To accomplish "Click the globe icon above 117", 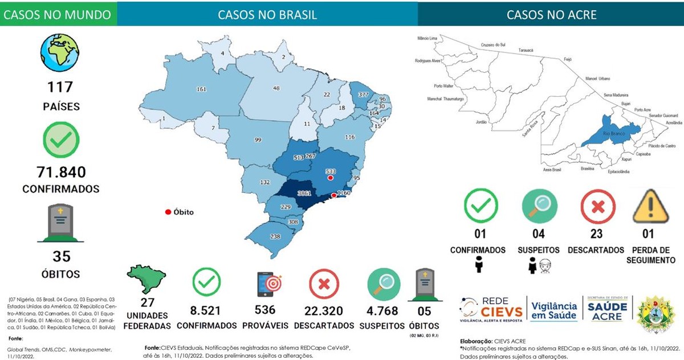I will click(x=60, y=52).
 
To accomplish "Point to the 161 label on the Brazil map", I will click(x=201, y=89).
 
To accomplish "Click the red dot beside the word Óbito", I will click(x=168, y=212).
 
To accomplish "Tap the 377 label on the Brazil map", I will click(x=363, y=95).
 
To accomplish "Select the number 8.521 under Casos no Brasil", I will click(x=206, y=310).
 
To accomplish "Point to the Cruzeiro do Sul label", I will click(x=494, y=44).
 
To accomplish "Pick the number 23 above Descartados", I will click(x=596, y=233).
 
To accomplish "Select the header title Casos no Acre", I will click(x=551, y=14).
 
